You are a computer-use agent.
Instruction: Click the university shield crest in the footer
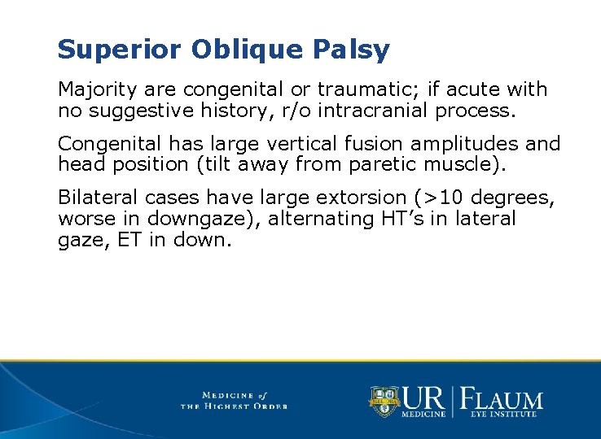click(x=384, y=401)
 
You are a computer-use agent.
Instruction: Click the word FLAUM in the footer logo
click(x=502, y=399)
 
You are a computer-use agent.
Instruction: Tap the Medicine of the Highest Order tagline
click(x=234, y=400)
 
